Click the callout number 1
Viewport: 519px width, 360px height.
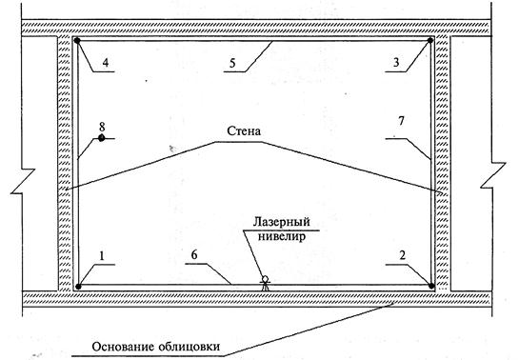pyautogui.click(x=102, y=256)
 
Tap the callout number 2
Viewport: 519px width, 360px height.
pyautogui.click(x=403, y=255)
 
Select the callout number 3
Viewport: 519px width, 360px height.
pyautogui.click(x=396, y=62)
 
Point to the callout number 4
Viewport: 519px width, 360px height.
pyautogui.click(x=106, y=62)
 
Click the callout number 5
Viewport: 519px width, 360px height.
pyautogui.click(x=232, y=63)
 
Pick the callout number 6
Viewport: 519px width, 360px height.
pyautogui.click(x=194, y=255)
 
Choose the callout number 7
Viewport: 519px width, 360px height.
pyautogui.click(x=401, y=121)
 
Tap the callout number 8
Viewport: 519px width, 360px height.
pyautogui.click(x=102, y=127)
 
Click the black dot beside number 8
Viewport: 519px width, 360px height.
pyautogui.click(x=101, y=138)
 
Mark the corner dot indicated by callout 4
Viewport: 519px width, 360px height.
pyautogui.click(x=77, y=41)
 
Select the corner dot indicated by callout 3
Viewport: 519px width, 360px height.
pyautogui.click(x=430, y=41)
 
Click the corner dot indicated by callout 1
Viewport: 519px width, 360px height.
pyautogui.click(x=78, y=287)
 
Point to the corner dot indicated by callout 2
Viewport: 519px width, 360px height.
pyautogui.click(x=431, y=285)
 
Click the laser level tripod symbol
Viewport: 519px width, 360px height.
pyautogui.click(x=265, y=283)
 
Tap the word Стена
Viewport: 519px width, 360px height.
pyautogui.click(x=244, y=131)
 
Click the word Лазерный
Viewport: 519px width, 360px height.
pyautogui.click(x=282, y=221)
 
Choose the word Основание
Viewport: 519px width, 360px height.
pyautogui.click(x=123, y=347)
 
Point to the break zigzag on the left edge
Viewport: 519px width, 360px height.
pyautogui.click(x=23, y=181)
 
